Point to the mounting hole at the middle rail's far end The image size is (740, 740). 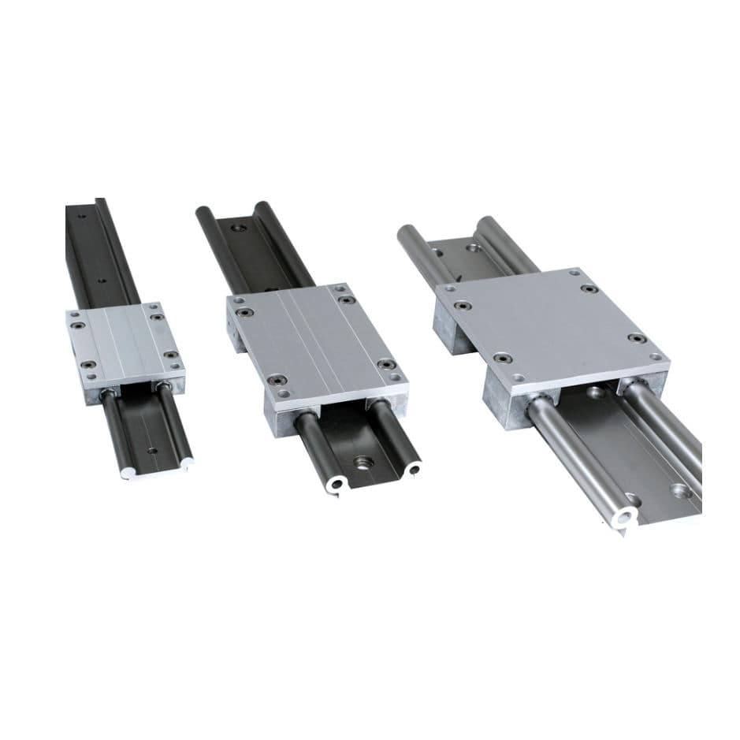(x=240, y=228)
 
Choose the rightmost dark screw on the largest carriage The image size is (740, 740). (x=638, y=338)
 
